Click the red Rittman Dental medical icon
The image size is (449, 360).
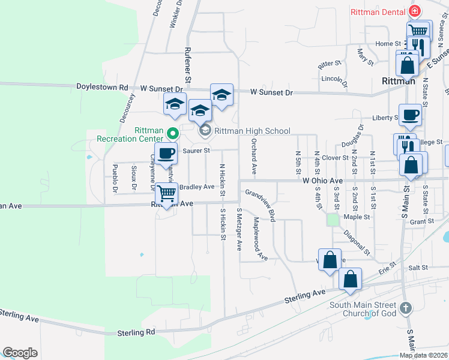click(414, 11)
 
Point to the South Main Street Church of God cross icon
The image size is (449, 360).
click(406, 308)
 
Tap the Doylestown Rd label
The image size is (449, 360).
click(103, 87)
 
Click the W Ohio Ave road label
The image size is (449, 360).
click(323, 180)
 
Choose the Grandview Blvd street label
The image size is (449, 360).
click(260, 205)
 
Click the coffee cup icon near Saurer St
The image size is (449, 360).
click(166, 153)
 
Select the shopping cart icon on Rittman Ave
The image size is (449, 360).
click(166, 194)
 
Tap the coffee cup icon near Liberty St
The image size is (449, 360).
click(410, 115)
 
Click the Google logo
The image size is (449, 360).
click(20, 353)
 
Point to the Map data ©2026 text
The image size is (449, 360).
click(423, 355)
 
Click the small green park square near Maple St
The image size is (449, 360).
click(333, 220)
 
